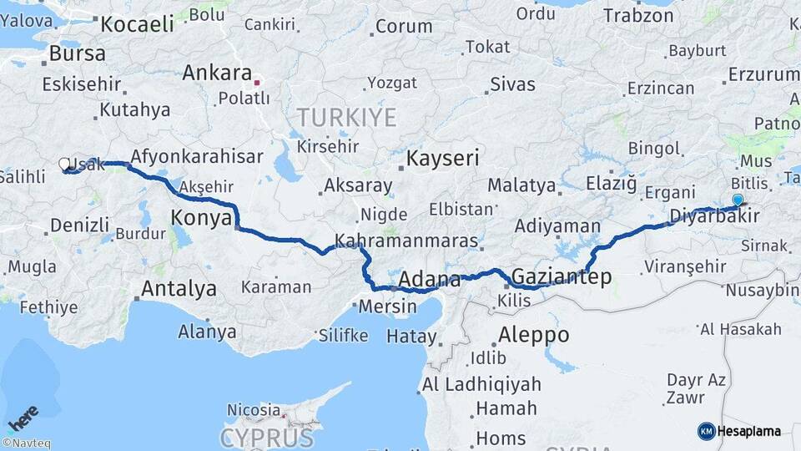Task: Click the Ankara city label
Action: coord(217,73)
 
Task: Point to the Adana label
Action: coord(430,279)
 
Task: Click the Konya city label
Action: coord(200,219)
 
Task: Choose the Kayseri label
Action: coord(442,158)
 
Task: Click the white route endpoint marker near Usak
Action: coord(64,165)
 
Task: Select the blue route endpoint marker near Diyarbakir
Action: coord(738,200)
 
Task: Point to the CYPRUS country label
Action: coord(267,438)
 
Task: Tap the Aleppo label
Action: coord(533,336)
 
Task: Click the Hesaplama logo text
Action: coord(748,431)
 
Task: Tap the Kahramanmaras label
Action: coord(406,242)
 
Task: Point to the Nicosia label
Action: coord(254,410)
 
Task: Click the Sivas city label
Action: coord(512,84)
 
